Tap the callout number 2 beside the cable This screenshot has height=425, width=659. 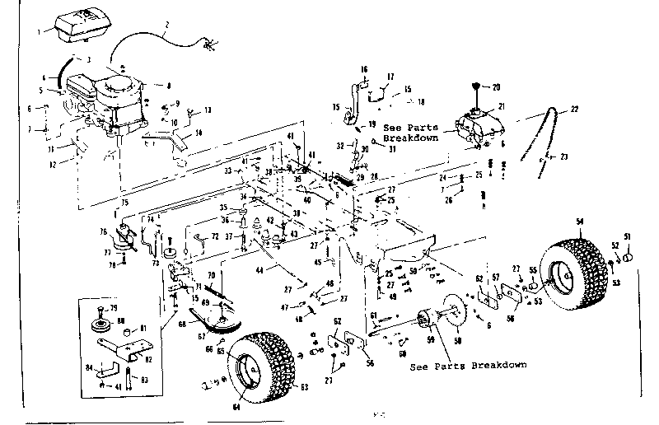166,26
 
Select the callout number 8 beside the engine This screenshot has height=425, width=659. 168,85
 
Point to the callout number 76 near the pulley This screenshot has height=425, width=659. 104,231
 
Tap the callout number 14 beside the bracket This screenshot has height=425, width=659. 198,134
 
